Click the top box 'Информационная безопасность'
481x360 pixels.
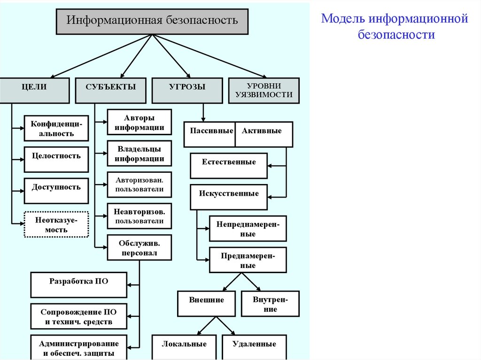[152, 21]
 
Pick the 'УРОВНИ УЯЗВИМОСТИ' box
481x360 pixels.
[264, 90]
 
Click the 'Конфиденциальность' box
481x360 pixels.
[56, 128]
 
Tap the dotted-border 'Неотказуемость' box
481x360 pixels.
[56, 225]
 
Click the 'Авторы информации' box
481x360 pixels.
[139, 122]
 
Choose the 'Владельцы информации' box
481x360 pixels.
[139, 153]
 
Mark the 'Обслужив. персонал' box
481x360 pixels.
[139, 248]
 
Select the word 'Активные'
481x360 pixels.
[262, 131]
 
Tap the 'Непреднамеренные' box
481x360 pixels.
[248, 229]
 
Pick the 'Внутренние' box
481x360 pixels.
[270, 304]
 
